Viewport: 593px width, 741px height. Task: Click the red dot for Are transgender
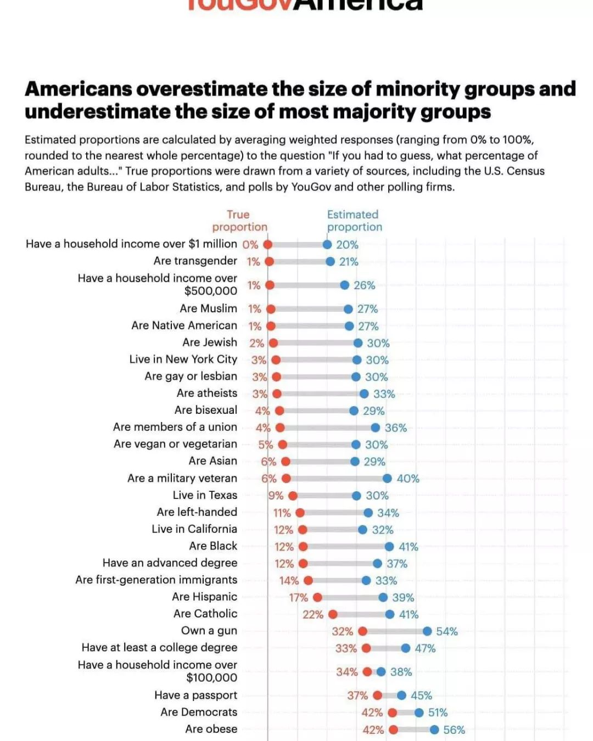pos(269,262)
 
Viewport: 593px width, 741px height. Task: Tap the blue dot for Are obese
pos(434,729)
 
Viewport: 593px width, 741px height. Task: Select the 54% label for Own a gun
pos(446,631)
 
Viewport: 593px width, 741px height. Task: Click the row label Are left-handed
pos(197,512)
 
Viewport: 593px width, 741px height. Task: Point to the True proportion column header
pos(239,221)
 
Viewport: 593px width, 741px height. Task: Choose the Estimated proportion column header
pos(354,221)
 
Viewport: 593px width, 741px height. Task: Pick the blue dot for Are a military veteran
pos(387,479)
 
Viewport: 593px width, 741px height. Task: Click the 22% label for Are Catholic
pos(313,614)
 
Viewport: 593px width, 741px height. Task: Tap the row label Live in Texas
pos(205,495)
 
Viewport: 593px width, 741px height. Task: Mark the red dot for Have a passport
pos(377,695)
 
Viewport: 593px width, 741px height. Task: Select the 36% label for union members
pos(395,428)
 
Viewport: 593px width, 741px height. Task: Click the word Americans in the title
pos(79,89)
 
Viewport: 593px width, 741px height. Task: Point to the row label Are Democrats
pos(199,712)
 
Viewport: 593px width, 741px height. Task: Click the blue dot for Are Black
pos(389,547)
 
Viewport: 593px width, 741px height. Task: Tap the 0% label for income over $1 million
pos(250,245)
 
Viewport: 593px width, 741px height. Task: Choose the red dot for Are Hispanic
pos(317,597)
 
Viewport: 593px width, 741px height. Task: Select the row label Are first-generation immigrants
pos(156,580)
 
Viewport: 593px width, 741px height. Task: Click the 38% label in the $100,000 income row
pos(401,672)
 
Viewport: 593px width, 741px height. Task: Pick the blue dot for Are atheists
pos(364,394)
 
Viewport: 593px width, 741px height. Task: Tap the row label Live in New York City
pos(183,360)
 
